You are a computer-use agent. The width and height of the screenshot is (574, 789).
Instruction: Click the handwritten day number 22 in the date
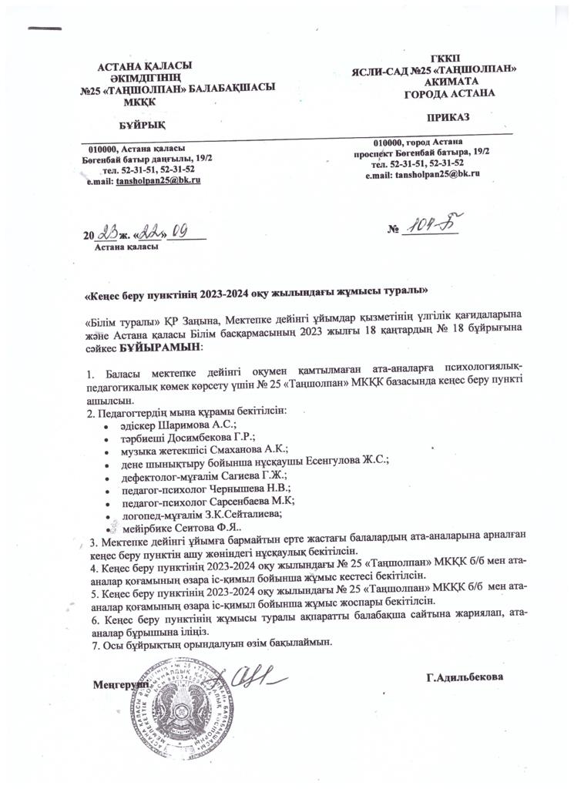pyautogui.click(x=150, y=233)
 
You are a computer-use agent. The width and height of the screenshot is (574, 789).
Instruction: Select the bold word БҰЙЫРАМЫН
pyautogui.click(x=161, y=348)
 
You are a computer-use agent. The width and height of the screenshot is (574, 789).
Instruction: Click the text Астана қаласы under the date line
pyautogui.click(x=126, y=247)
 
